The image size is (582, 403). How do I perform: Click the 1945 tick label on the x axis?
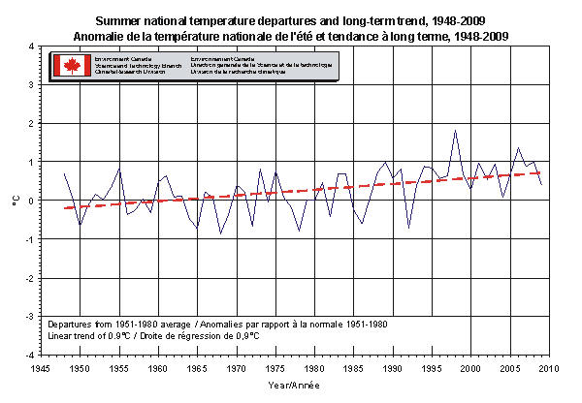41,368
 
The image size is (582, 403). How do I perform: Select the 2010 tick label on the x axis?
549,368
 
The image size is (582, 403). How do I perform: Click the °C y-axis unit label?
15,201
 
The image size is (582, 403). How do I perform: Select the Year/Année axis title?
295,386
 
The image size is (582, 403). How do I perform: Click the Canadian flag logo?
71,66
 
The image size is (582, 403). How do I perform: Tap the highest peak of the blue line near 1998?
455,130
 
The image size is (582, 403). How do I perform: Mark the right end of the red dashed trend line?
541,172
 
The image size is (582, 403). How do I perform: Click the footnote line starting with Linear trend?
153,335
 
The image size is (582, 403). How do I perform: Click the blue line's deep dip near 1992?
408,228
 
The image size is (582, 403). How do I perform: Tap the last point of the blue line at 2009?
541,184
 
